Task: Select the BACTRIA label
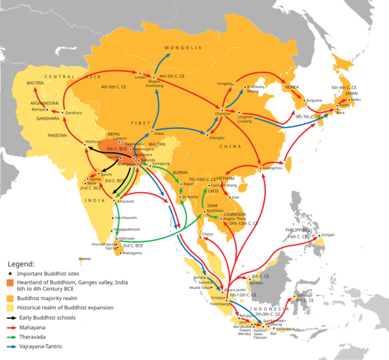tap(36, 83)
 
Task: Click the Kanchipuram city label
tap(127, 217)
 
